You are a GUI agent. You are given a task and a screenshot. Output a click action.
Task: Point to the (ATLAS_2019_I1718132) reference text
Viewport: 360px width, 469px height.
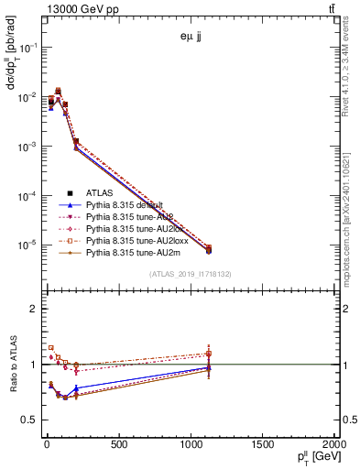[191, 274]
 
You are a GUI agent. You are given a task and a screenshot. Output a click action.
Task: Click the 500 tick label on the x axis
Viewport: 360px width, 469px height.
[118, 444]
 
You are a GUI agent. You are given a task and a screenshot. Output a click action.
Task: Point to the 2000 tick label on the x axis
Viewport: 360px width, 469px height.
[333, 444]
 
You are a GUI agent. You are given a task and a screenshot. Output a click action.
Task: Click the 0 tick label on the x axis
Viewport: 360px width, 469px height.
[46, 444]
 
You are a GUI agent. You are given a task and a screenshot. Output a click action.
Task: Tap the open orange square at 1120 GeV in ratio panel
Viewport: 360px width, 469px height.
[209, 354]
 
